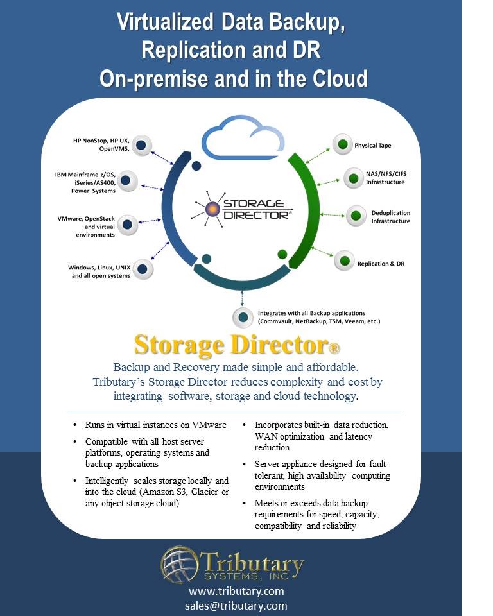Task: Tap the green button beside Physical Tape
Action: click(342, 144)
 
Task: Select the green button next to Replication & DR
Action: click(345, 261)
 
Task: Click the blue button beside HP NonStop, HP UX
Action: click(141, 146)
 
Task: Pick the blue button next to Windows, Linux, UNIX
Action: click(143, 269)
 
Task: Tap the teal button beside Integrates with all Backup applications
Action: click(243, 317)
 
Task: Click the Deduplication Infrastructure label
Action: click(390, 217)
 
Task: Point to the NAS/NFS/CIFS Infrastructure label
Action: click(386, 178)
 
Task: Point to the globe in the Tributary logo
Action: click(179, 565)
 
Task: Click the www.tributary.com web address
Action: click(236, 591)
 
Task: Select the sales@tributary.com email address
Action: click(236, 605)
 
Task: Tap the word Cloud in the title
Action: click(340, 78)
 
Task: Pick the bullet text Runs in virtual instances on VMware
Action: click(156, 425)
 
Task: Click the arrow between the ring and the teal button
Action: click(242, 298)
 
